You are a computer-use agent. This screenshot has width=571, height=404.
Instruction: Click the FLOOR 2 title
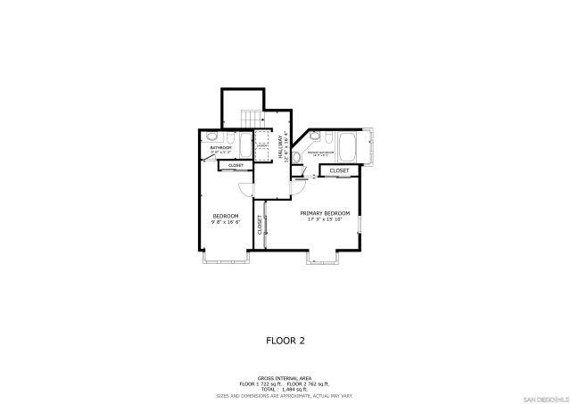tap(285, 340)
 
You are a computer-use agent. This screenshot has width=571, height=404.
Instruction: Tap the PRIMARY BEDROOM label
tap(324, 213)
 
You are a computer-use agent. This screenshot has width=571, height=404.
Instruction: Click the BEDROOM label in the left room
tap(224, 217)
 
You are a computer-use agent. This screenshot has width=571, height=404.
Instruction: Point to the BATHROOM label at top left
tap(220, 148)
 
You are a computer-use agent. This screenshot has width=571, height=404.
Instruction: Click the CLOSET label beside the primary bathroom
tap(339, 170)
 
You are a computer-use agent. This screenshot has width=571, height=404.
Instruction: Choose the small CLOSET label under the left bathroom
tap(236, 165)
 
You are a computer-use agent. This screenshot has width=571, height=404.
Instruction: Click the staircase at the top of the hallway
tap(252, 118)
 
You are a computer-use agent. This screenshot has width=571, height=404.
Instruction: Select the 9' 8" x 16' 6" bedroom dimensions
tap(224, 223)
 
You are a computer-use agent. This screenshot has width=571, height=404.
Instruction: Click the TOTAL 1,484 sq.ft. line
tap(285, 389)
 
